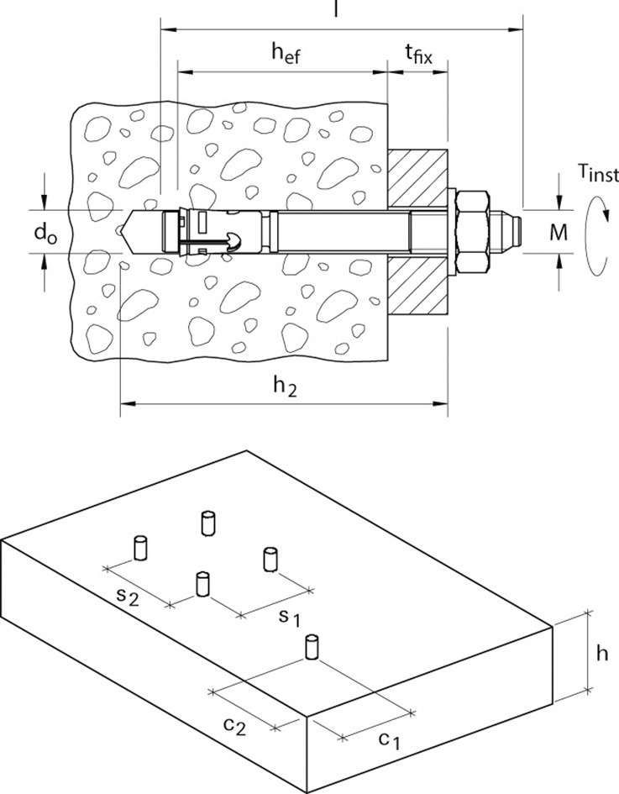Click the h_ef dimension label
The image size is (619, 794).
[x=286, y=53]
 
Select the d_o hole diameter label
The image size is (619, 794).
[x=45, y=233]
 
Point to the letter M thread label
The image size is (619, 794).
[x=559, y=233]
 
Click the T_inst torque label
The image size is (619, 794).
[x=598, y=173]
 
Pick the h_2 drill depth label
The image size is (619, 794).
[x=285, y=386]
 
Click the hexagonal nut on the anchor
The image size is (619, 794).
[x=472, y=233]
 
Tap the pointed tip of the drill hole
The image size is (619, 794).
[x=123, y=231]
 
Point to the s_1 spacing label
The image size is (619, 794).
[x=290, y=618]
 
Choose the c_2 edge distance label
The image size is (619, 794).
[x=234, y=725]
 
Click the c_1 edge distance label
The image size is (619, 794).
[x=389, y=740]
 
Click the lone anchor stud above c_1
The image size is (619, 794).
[x=312, y=647]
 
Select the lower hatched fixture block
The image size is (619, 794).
[x=418, y=286]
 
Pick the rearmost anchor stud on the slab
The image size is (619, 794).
[x=207, y=523]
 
